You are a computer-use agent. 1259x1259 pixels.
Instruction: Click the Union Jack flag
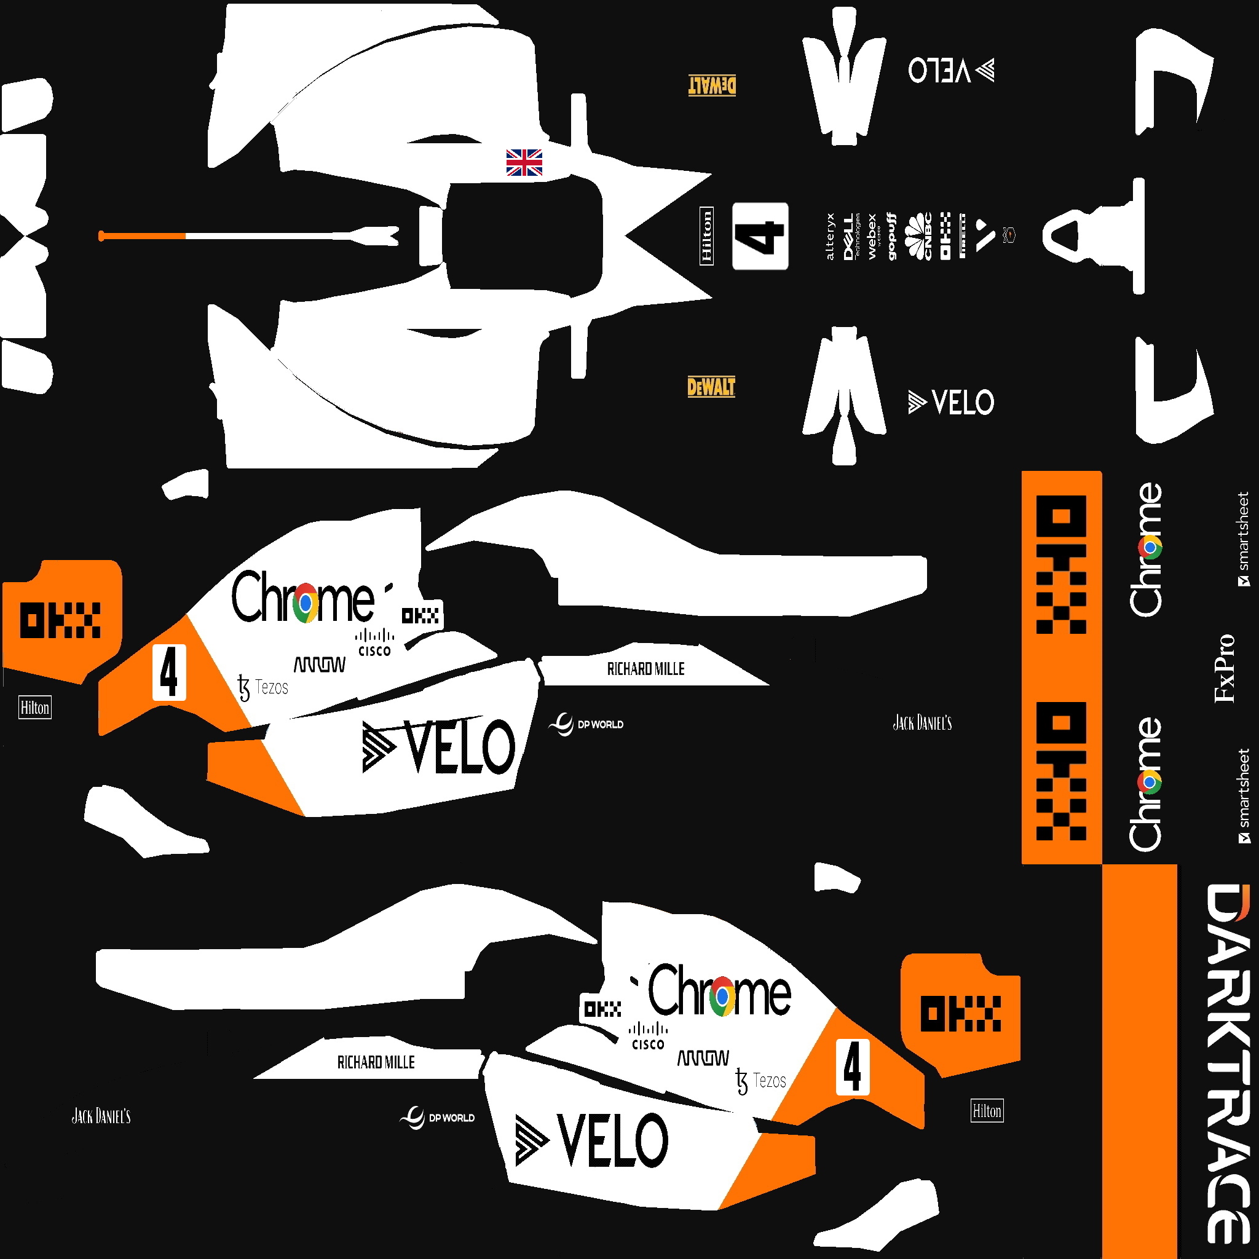point(524,162)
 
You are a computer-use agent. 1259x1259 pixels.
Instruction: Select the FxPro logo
point(1225,668)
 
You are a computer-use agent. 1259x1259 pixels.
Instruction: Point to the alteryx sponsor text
point(829,236)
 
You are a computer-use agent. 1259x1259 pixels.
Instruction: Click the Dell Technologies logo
point(850,236)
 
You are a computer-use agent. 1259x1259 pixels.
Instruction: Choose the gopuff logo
point(891,236)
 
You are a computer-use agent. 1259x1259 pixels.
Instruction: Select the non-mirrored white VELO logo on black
point(952,402)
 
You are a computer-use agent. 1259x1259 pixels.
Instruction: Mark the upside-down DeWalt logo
point(712,85)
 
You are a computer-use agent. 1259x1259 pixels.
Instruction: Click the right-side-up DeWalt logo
point(711,387)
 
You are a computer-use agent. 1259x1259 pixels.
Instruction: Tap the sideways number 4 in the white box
point(760,236)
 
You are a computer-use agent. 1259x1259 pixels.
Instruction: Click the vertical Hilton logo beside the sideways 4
point(706,236)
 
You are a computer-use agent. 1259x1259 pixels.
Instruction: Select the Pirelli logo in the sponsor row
point(963,236)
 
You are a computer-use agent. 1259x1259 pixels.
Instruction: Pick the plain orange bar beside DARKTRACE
point(1139,1062)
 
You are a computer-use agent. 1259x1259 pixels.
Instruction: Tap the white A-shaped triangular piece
point(1082,236)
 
